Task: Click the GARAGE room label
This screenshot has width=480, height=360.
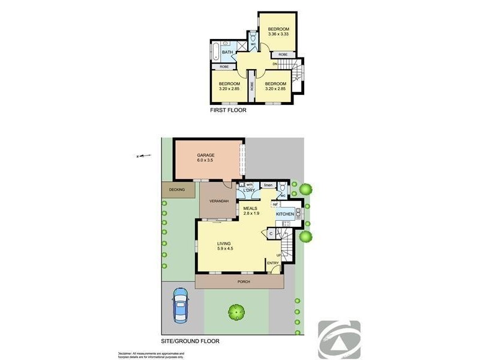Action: pyautogui.click(x=205, y=155)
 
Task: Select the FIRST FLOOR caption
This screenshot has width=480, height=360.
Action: pyautogui.click(x=228, y=110)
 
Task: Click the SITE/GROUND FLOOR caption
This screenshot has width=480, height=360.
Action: pyautogui.click(x=190, y=341)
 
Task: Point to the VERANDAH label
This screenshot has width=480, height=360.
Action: pyautogui.click(x=218, y=200)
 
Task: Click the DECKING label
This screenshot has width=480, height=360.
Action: pyautogui.click(x=177, y=190)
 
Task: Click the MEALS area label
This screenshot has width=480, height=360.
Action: pyautogui.click(x=251, y=208)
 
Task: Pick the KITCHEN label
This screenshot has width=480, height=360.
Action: pyautogui.click(x=284, y=214)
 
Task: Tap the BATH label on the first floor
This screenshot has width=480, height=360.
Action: pyautogui.click(x=227, y=53)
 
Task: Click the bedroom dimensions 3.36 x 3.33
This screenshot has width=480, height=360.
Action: pyautogui.click(x=278, y=35)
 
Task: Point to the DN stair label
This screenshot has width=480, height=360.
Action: pyautogui.click(x=275, y=64)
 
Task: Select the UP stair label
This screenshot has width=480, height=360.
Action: pyautogui.click(x=279, y=256)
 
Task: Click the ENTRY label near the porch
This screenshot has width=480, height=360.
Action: pyautogui.click(x=273, y=263)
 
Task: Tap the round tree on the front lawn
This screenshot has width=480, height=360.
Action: pyautogui.click(x=236, y=311)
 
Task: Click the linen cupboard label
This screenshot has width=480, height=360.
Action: pyautogui.click(x=268, y=185)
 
